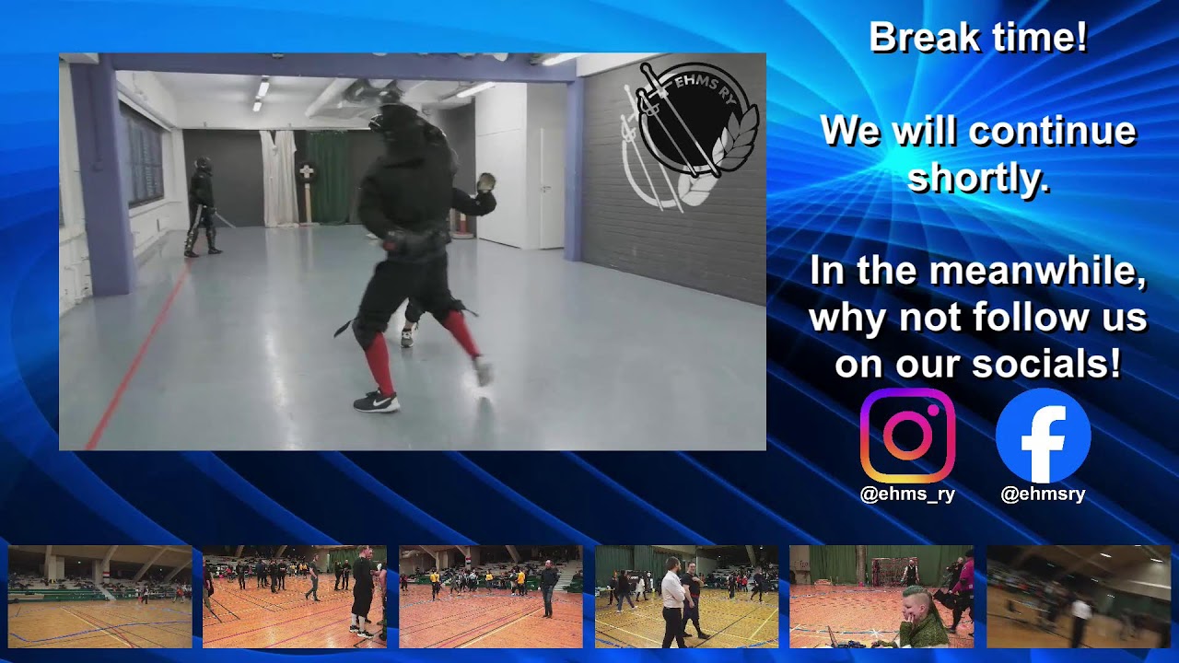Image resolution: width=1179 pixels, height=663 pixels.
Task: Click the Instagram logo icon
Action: point(907,436)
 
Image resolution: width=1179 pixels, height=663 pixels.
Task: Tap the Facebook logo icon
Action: point(1043,436)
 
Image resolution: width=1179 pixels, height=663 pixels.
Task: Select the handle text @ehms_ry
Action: point(907,494)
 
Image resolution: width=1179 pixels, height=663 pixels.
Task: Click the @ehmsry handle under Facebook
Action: point(1043,494)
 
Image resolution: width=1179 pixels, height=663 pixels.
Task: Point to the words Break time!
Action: point(978,39)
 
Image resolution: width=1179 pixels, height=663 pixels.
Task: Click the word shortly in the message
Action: point(978,178)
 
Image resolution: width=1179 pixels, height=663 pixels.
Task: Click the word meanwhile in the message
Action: point(1036,272)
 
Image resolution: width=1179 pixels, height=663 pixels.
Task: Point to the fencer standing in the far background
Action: point(202,207)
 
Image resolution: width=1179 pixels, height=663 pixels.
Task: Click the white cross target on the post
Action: point(307,174)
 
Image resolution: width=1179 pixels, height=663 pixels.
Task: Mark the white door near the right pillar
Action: point(551,189)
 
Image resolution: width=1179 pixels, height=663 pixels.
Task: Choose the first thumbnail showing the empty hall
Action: point(100,597)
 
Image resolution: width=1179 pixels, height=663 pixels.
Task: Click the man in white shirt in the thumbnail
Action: point(673,603)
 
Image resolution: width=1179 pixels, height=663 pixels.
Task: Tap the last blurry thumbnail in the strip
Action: point(1078,597)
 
